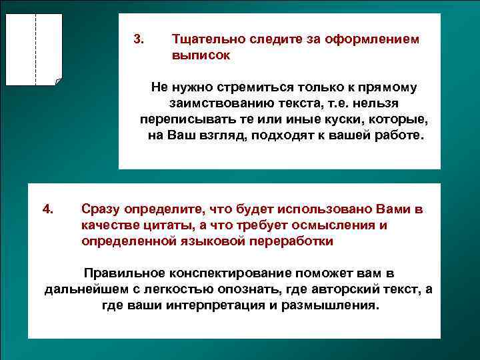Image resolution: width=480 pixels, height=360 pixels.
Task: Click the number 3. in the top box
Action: pyautogui.click(x=138, y=39)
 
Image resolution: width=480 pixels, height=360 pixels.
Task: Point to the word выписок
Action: pyautogui.click(x=201, y=56)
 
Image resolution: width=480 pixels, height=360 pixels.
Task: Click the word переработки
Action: pyautogui.click(x=290, y=241)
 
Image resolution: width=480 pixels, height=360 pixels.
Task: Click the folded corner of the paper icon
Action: pyautogui.click(x=58, y=82)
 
